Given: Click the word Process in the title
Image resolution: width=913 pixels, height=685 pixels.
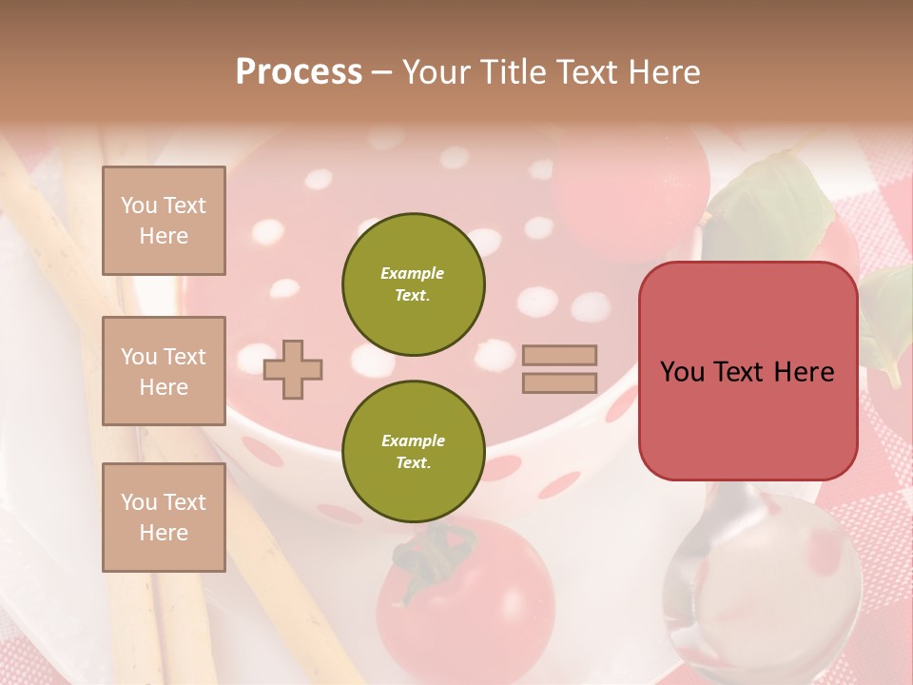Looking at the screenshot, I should click(299, 72).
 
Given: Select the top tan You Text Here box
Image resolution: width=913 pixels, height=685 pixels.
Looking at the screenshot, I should click(164, 221).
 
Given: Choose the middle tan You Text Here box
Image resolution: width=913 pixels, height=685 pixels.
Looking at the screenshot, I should click(164, 371).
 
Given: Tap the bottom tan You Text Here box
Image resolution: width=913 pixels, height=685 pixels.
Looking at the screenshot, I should click(164, 517).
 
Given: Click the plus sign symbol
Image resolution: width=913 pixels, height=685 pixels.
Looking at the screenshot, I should click(293, 369).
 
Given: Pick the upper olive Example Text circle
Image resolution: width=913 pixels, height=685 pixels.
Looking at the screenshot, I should click(413, 284).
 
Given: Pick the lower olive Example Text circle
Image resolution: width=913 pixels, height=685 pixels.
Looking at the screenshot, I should click(413, 452).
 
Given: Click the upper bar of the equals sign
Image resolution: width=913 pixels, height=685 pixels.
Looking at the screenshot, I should click(559, 355).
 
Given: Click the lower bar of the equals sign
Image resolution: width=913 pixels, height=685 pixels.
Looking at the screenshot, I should click(559, 382).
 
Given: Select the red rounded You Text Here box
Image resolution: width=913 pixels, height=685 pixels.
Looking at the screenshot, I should click(748, 371).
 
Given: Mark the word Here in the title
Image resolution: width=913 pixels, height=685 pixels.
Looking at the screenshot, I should click(663, 72).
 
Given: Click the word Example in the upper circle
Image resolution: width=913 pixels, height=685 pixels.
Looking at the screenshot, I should click(413, 273).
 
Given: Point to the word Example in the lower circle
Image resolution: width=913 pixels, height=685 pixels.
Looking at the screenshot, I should click(413, 441).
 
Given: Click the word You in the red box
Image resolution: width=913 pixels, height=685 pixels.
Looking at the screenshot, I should click(683, 372).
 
